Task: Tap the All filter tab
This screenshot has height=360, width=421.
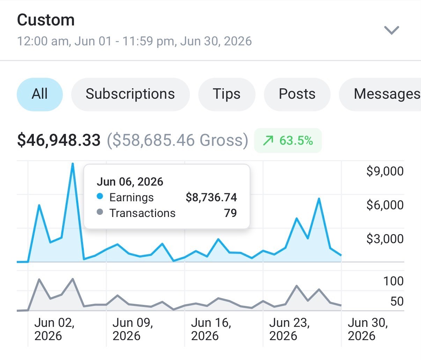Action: pos(40,95)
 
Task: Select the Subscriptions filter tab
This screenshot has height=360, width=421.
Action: pos(130,95)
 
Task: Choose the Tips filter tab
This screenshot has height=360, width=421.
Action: pos(227,95)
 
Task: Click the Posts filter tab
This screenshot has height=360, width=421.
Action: pos(297,95)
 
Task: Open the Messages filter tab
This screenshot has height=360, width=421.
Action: pos(380,95)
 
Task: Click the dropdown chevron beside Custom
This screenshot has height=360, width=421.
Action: pos(391,30)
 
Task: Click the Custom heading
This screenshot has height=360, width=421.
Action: pos(46,20)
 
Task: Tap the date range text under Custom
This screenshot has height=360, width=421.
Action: pos(134,41)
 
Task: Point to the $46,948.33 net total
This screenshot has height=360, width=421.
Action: pos(59,140)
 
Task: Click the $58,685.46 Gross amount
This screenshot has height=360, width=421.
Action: pos(177,140)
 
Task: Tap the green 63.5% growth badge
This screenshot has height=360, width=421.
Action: pos(288,141)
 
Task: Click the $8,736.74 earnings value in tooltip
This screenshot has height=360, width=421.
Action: pos(211,197)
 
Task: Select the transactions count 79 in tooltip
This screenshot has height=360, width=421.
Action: pos(230,213)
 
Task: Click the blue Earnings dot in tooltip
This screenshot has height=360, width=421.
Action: pos(100,196)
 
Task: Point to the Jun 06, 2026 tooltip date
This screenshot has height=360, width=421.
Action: pos(130,181)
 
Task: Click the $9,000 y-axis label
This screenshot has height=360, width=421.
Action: pos(385,171)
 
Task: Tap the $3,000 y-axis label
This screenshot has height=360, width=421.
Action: pos(385,239)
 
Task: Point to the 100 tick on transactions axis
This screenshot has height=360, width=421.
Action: pos(393,281)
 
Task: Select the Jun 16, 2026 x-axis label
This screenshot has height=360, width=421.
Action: pos(211,329)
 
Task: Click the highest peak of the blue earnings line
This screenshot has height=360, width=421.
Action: pos(73,164)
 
